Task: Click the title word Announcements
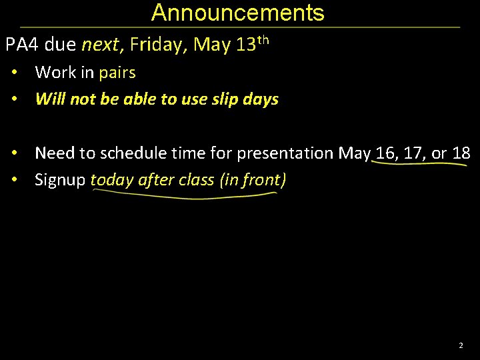[238, 13]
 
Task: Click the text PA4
[22, 45]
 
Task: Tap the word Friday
[158, 45]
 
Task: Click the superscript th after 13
[263, 40]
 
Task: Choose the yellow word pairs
[117, 72]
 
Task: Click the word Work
[56, 72]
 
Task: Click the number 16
[385, 153]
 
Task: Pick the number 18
[461, 153]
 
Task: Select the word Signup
[60, 180]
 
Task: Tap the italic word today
[111, 180]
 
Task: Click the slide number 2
[460, 346]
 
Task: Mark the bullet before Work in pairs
[13, 72]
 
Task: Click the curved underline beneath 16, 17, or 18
[420, 166]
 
